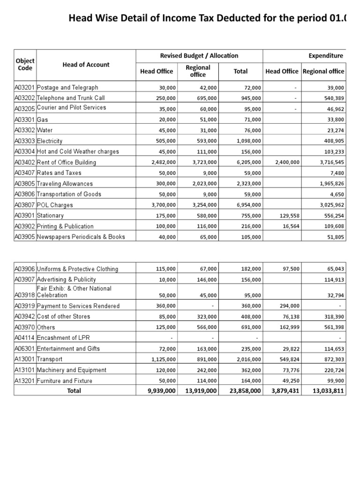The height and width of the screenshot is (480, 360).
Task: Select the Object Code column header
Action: tap(25, 64)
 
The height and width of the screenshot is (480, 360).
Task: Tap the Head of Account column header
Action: tap(86, 65)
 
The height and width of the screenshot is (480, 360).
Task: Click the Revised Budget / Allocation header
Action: tap(199, 55)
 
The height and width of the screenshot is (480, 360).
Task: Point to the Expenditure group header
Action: tap(326, 55)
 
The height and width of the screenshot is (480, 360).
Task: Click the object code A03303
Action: tap(25, 141)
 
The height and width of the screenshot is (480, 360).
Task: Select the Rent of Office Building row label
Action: tap(66, 163)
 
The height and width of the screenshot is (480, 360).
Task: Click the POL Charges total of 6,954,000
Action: tap(249, 205)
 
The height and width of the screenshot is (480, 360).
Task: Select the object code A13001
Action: tap(25, 359)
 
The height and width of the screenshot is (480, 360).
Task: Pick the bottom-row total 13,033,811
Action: tap(328, 391)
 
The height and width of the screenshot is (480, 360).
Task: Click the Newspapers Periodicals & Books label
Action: tap(81, 237)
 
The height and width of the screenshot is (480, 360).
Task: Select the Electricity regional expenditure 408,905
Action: tap(332, 141)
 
